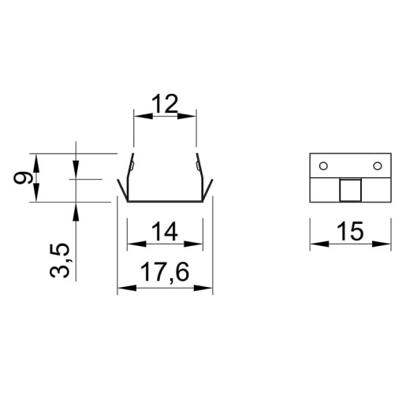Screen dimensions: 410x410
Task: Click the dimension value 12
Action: [x=165, y=103]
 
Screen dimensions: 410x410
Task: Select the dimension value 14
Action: [x=165, y=231]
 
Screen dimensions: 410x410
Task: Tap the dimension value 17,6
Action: [x=165, y=273]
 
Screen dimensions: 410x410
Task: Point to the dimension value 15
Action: [x=351, y=231]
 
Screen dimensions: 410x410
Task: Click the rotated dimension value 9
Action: [x=23, y=177]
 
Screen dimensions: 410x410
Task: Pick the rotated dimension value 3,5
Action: [x=60, y=261]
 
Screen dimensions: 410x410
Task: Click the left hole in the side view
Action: [x=323, y=166]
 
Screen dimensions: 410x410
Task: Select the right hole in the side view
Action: [x=378, y=166]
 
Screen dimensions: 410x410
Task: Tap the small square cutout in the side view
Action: [x=350, y=190]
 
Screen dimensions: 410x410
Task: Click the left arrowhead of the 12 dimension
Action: [x=143, y=116]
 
